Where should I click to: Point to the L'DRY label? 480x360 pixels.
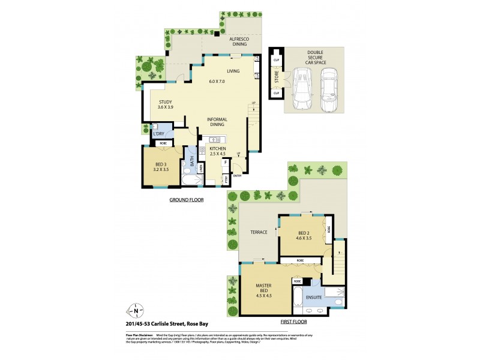click(158, 133)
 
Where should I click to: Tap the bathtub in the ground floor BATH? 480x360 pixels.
click(193, 179)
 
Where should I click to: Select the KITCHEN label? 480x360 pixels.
click(217, 149)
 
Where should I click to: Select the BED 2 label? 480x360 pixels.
click(304, 233)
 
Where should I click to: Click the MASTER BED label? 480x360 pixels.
click(265, 291)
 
